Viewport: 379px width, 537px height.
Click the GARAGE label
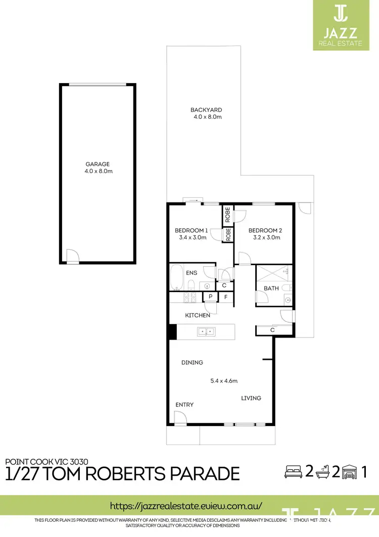coord(98,164)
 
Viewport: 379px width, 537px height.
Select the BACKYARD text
coord(206,110)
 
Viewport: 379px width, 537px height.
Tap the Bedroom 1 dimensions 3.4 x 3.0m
coord(193,237)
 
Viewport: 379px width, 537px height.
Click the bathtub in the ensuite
coord(177,277)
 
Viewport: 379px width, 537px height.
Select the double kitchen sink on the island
coord(206,332)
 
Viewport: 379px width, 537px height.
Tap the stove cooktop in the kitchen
coord(191,298)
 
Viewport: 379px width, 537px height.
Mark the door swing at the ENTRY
coord(179,417)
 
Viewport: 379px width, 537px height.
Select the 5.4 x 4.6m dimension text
coord(223,381)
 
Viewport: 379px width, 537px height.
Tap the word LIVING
coord(251,398)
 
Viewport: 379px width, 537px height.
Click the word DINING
coord(192,362)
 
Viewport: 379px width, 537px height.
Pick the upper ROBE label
coord(228,216)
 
